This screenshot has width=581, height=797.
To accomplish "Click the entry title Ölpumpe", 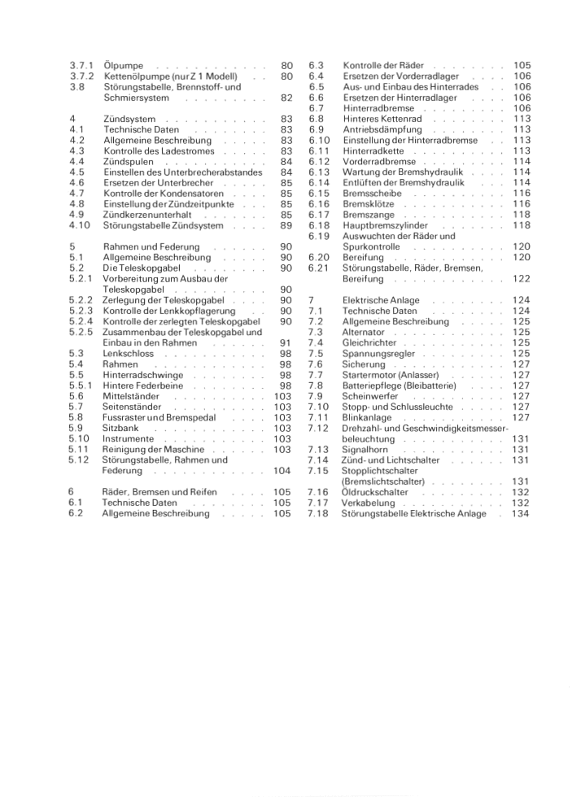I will click(x=121, y=65).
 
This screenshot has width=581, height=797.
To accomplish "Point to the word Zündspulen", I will click(x=129, y=161).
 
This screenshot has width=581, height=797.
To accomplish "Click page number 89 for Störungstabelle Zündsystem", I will click(x=286, y=225).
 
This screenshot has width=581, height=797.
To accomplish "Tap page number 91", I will click(x=286, y=342).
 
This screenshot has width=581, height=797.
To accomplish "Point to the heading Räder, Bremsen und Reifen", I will click(x=159, y=492).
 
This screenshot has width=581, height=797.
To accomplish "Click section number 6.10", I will click(x=319, y=140).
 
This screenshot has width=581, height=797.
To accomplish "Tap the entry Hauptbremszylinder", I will click(x=389, y=225).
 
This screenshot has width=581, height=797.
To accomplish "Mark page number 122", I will click(x=521, y=279).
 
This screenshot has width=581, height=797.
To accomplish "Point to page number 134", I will click(x=521, y=513).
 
